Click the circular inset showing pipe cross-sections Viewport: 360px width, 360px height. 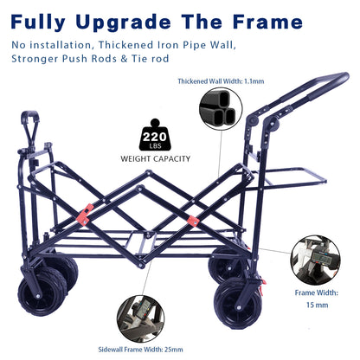(220, 108)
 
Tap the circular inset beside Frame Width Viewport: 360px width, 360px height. (312, 260)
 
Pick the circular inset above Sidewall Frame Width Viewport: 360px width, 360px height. (143, 317)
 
